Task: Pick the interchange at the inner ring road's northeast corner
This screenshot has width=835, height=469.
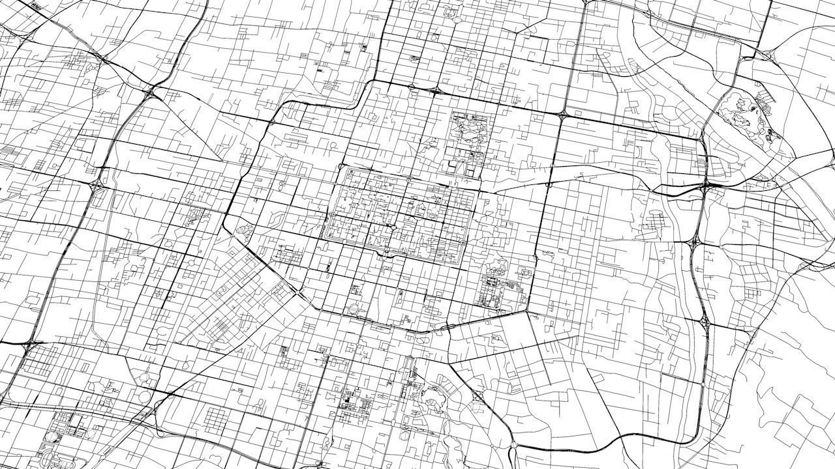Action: (x=562, y=115)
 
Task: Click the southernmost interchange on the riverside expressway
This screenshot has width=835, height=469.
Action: (x=705, y=322)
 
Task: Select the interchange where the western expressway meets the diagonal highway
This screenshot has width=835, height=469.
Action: (x=151, y=92)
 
